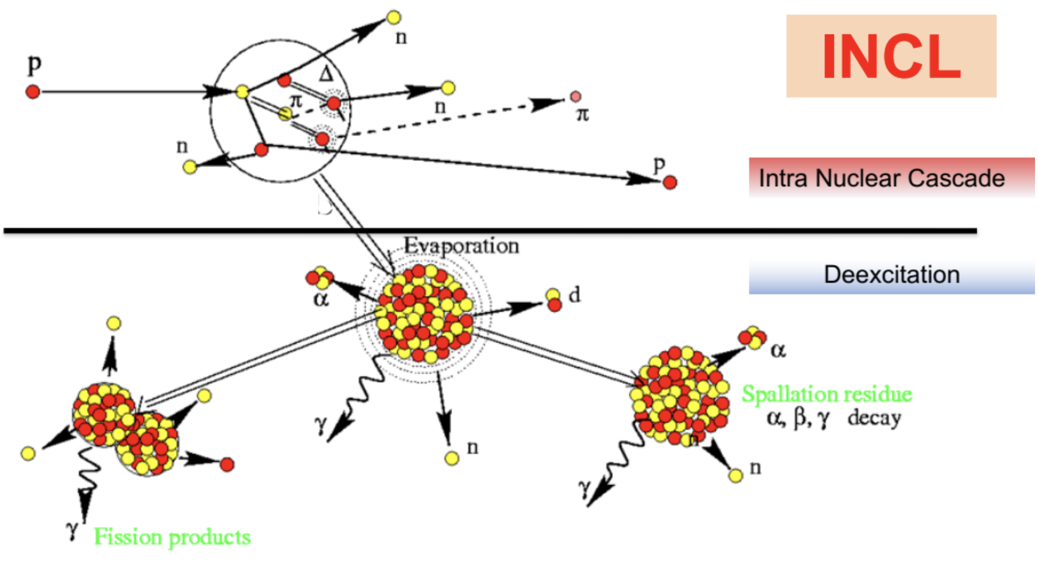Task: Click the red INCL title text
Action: point(891,56)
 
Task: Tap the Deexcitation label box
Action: point(892,275)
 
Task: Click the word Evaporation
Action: point(461,246)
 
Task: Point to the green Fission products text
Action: point(172,537)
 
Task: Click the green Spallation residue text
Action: point(827,394)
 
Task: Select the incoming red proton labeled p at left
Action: point(33,91)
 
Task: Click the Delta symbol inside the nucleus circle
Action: point(326,74)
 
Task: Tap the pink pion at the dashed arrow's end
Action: point(575,96)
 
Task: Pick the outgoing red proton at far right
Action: point(670,182)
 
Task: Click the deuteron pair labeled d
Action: point(554,300)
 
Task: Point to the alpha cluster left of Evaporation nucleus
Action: point(319,278)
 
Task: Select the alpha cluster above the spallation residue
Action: point(752,338)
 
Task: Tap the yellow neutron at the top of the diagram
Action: point(394,17)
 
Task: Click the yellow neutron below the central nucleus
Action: point(452,458)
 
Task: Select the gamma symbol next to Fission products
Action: point(72,528)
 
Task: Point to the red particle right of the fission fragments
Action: point(227,464)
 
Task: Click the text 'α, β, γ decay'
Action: point(833,418)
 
